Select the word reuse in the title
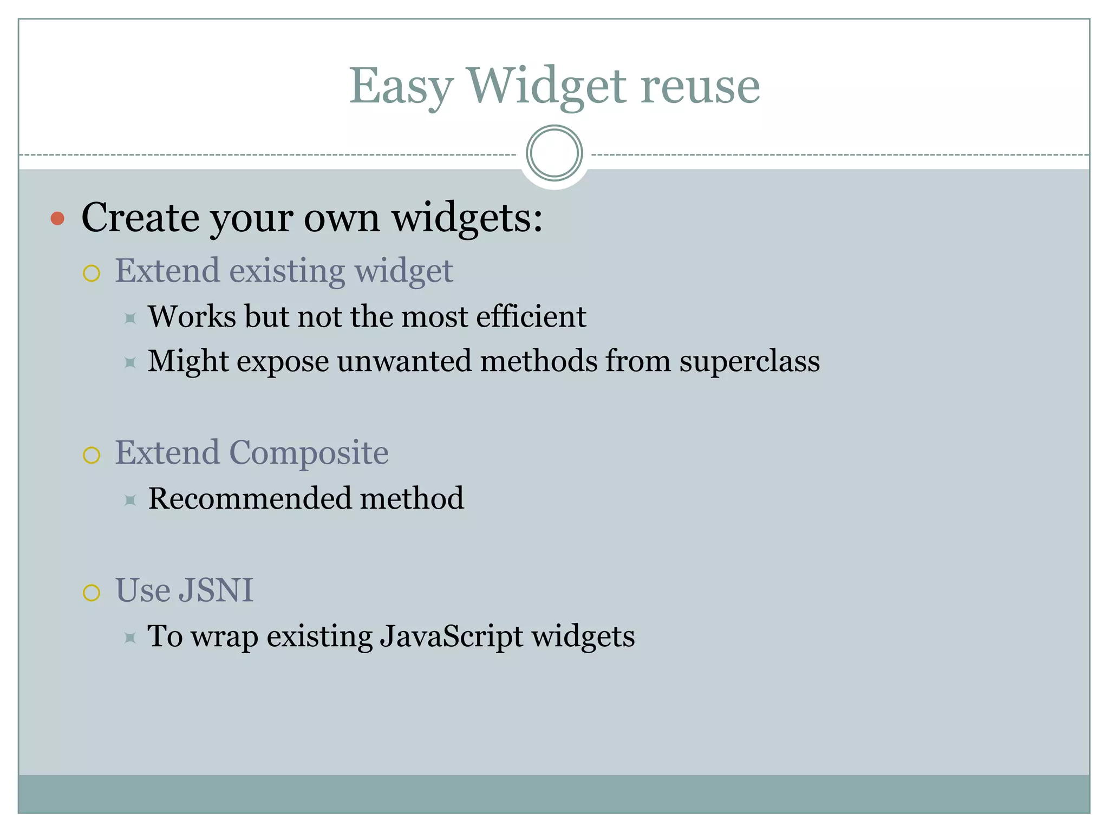coord(700,87)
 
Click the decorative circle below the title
coord(554,153)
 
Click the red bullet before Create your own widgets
coord(57,218)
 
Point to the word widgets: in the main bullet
coord(467,218)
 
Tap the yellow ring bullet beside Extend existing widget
coord(92,273)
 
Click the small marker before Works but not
coord(130,318)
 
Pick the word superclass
coord(749,361)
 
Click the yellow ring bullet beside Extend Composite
coord(92,455)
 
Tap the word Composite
coord(309,453)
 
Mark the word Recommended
coord(250,498)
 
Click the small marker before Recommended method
coord(130,500)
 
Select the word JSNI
coord(216,590)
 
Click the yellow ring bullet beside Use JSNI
coord(92,593)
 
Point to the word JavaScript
coord(451,636)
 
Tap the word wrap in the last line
coord(224,637)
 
